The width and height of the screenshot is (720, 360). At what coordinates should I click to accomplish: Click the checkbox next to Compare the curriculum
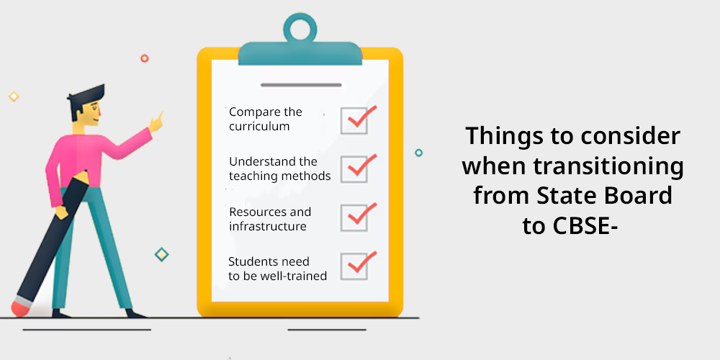[x=354, y=121]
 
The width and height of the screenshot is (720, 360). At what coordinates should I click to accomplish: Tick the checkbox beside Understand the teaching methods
[x=354, y=169]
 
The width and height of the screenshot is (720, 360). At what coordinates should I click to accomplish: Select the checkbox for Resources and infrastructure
[x=354, y=217]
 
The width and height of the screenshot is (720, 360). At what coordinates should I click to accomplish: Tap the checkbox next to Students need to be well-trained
[x=354, y=266]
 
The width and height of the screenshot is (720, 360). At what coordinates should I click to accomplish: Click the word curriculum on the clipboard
[x=259, y=127]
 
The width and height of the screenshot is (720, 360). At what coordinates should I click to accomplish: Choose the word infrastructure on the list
[x=268, y=226]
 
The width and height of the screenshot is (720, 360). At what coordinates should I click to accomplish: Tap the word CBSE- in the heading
[x=569, y=225]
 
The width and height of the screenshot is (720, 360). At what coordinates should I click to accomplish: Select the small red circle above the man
[x=145, y=58]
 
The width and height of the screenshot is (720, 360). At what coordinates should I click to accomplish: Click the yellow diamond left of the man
[x=14, y=96]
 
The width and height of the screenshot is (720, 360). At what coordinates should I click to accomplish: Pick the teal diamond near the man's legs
[x=161, y=254]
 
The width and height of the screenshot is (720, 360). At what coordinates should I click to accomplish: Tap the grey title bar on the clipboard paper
[x=301, y=85]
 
